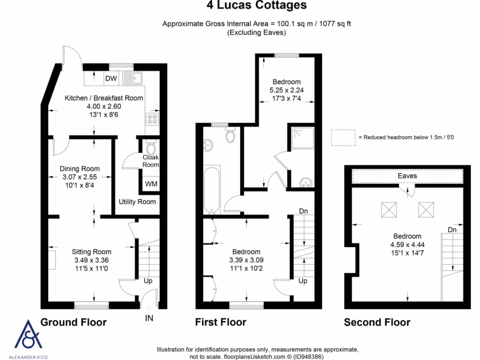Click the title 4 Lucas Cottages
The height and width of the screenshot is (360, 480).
256,6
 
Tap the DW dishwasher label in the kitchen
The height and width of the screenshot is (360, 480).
111,78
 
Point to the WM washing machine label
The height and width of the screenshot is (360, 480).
151,184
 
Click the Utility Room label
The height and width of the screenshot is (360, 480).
137,202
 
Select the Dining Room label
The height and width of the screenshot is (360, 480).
80,169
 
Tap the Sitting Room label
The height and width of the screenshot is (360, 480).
92,252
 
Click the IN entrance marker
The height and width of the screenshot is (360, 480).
149,319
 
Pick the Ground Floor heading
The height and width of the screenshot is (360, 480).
74,322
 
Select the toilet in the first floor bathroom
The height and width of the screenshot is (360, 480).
230,135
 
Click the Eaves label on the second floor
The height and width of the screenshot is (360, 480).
407,176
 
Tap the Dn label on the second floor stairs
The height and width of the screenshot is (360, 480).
452,230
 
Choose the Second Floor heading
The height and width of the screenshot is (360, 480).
377,322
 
